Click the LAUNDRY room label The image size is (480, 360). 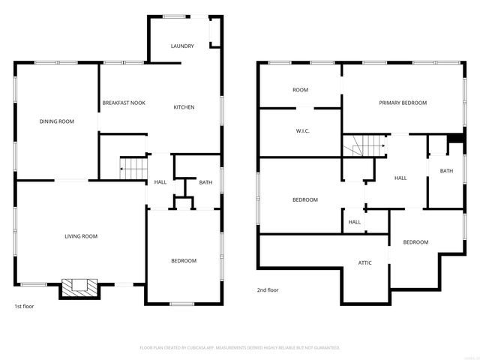(x=182, y=46)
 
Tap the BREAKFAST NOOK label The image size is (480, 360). (x=124, y=103)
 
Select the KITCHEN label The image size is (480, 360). (x=184, y=107)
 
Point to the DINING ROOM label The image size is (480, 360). (x=57, y=121)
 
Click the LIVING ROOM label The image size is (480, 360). (x=81, y=237)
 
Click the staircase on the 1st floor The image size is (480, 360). (x=133, y=169)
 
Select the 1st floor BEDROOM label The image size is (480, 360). (x=184, y=261)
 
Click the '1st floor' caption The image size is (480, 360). (x=25, y=306)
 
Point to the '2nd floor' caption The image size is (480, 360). (x=268, y=289)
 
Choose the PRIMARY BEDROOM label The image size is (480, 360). (x=403, y=103)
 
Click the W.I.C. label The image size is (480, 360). (x=303, y=131)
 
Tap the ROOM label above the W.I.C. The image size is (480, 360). (x=300, y=90)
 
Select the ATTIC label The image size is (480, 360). (x=364, y=262)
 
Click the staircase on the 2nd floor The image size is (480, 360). (x=364, y=145)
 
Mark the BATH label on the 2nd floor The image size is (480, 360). (x=446, y=171)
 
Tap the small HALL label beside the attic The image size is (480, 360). (x=355, y=222)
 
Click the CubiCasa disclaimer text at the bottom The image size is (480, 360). (x=240, y=348)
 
